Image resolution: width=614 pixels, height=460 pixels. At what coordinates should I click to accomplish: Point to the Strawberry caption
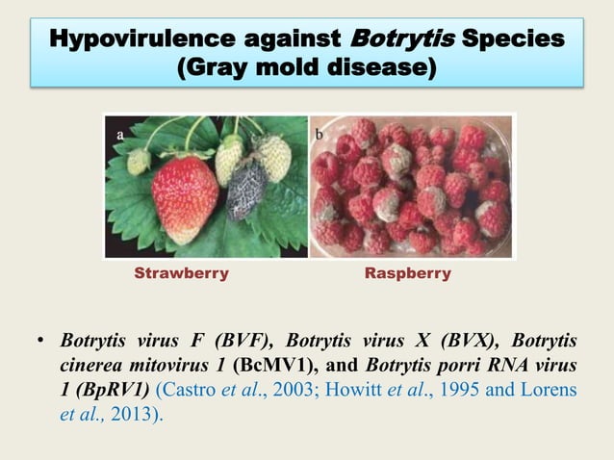[181, 273]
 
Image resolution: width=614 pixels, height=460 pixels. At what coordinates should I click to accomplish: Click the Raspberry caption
[408, 273]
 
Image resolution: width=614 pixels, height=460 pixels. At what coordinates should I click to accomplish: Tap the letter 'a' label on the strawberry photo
[120, 137]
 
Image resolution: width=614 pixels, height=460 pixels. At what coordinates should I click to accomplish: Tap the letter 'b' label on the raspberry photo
[319, 136]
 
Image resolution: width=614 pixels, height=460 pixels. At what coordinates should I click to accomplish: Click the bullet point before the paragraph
[40, 342]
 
